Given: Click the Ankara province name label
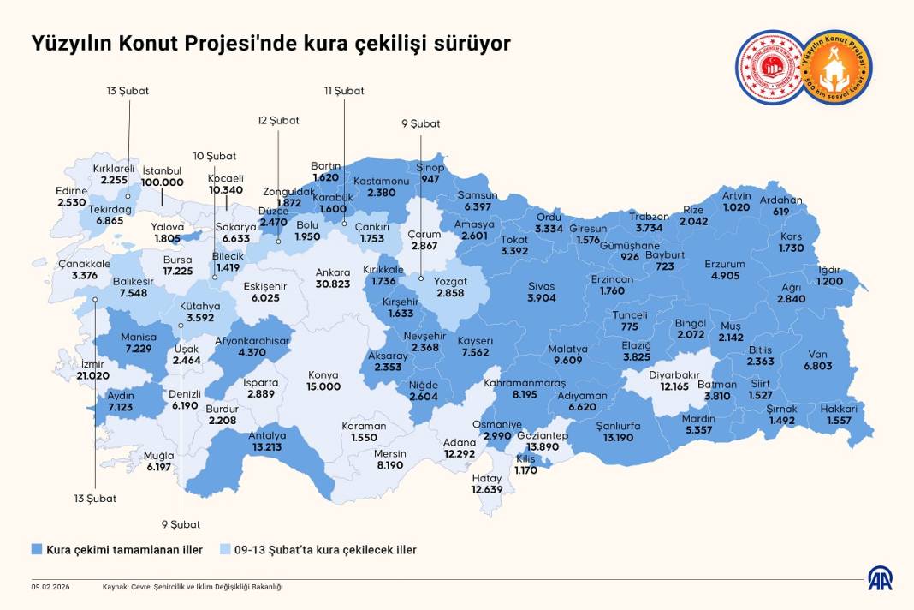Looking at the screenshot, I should click(333, 272).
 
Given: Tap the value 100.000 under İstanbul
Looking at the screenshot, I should click(163, 182).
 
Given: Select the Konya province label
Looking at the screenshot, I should click(323, 374).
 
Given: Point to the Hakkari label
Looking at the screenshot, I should click(839, 409).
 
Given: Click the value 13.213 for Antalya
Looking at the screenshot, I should click(268, 446).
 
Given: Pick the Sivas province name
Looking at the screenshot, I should click(541, 285).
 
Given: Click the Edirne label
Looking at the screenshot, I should click(73, 190).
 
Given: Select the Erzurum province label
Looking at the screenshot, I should click(725, 265).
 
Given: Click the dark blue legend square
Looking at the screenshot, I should click(37, 549).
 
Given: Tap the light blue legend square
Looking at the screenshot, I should click(225, 549).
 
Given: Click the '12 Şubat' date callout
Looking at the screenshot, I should click(278, 121).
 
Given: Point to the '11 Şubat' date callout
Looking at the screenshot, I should click(344, 91).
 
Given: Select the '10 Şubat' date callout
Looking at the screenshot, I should click(215, 156).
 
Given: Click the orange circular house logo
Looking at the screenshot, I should click(839, 67).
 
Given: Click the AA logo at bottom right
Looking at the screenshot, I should click(881, 578).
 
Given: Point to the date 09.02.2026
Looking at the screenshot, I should click(49, 587).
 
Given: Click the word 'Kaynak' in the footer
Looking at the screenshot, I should click(116, 587).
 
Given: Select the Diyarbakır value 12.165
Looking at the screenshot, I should click(674, 387).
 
